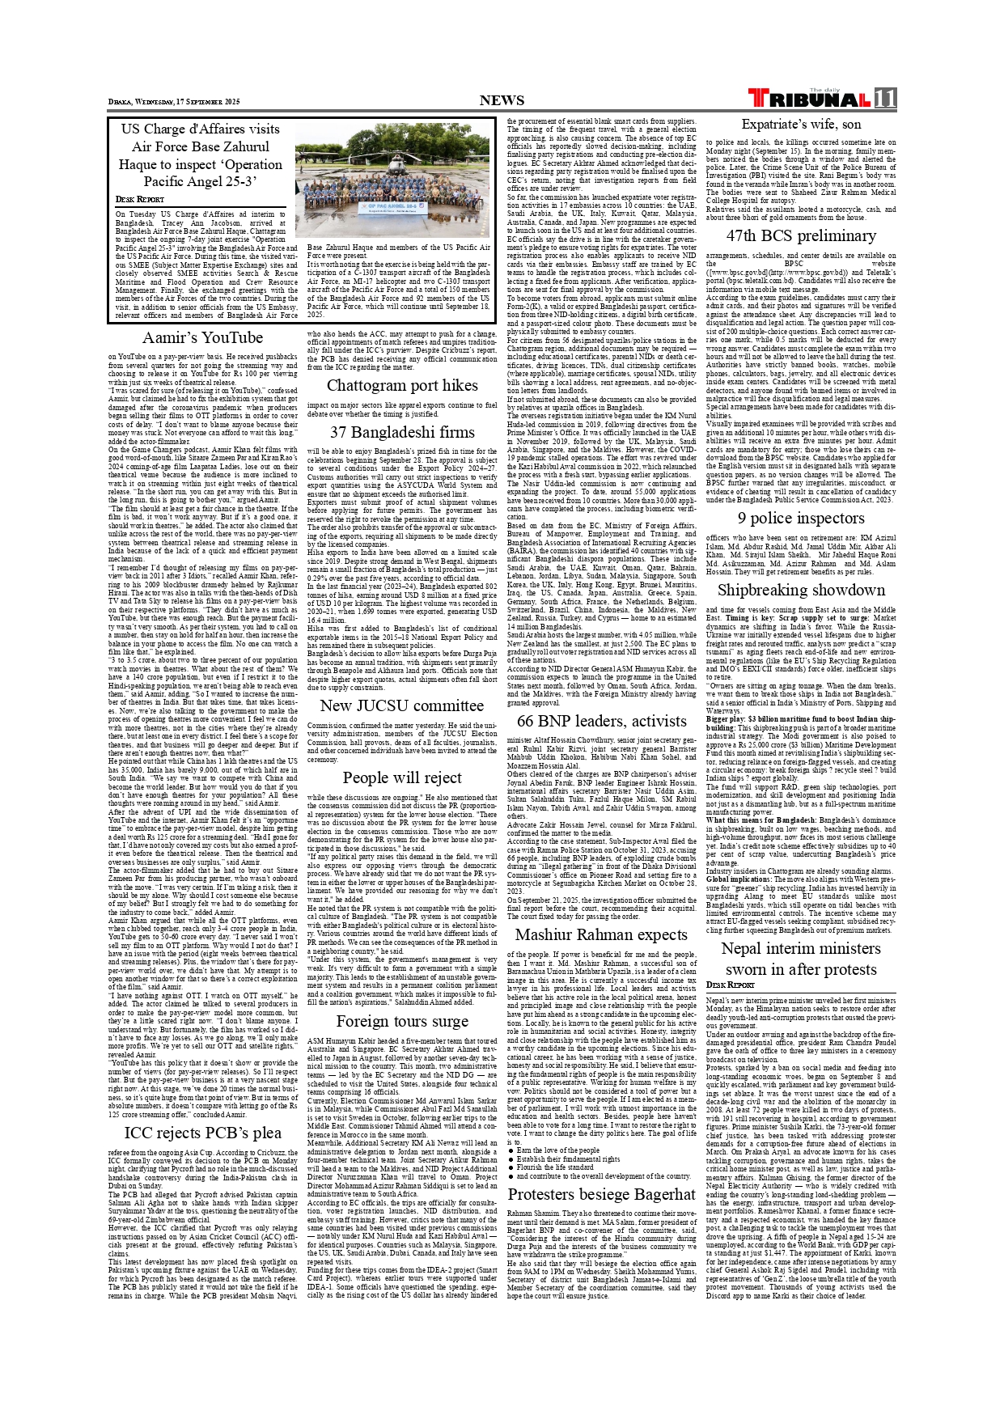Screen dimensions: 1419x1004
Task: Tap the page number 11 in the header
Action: (885, 99)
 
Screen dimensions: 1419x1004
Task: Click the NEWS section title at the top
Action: (502, 100)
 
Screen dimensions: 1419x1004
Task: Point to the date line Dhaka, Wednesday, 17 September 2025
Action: (175, 102)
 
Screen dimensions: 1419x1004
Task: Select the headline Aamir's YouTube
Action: (202, 337)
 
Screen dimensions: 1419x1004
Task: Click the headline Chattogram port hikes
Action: (402, 385)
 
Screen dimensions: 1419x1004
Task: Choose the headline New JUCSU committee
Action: (402, 705)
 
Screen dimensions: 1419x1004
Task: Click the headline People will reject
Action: (402, 777)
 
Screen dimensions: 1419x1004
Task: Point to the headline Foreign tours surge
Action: (402, 1021)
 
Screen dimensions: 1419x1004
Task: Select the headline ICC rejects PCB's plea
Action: (202, 1133)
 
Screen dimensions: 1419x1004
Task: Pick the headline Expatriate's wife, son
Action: (801, 124)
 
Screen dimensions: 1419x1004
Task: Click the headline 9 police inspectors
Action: (801, 518)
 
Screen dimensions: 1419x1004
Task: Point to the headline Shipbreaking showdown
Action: (801, 590)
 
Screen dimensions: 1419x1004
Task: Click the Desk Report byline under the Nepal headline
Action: (730, 985)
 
